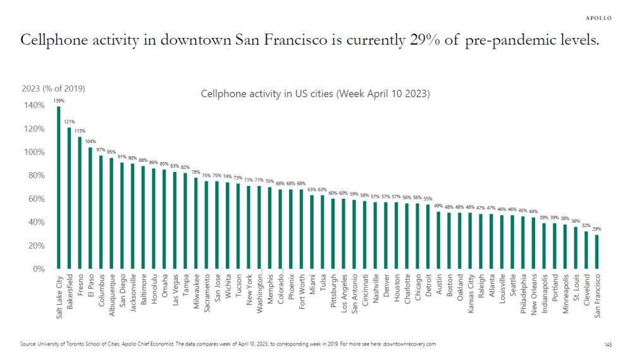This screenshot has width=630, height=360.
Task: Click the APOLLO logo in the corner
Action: click(x=596, y=18)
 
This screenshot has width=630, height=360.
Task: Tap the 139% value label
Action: click(x=59, y=101)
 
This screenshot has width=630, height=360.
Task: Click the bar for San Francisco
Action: click(x=597, y=252)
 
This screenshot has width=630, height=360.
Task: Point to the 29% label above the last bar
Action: click(x=597, y=229)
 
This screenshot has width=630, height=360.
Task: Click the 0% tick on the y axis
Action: click(x=37, y=269)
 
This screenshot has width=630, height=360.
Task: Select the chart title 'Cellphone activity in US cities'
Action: click(x=315, y=94)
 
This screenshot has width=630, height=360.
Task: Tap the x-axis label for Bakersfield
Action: click(x=70, y=293)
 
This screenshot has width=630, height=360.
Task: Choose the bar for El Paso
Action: click(x=90, y=208)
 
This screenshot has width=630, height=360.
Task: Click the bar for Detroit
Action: click(x=428, y=237)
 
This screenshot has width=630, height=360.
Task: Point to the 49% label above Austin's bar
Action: click(x=438, y=206)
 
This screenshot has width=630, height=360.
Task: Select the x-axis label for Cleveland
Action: click(x=586, y=290)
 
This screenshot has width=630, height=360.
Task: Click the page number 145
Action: click(x=608, y=344)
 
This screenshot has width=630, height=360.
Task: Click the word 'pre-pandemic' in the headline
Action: click(x=500, y=40)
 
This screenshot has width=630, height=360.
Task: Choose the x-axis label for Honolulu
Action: click(x=154, y=290)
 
